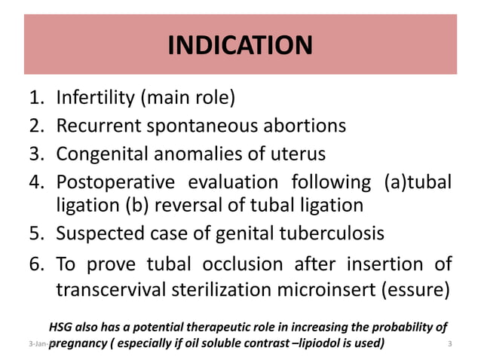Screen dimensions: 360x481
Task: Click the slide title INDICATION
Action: click(240, 46)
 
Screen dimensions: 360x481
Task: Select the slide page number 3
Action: click(449, 345)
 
